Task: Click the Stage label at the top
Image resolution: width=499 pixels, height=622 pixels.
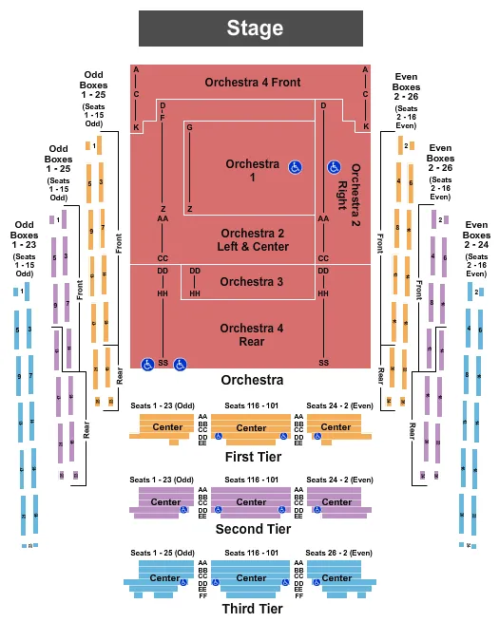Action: [x=254, y=28]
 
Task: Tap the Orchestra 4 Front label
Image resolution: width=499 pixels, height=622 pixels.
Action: [x=252, y=83]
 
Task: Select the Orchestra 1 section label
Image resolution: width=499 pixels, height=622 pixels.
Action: [x=253, y=171]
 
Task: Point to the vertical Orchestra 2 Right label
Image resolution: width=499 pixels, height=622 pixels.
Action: [x=356, y=186]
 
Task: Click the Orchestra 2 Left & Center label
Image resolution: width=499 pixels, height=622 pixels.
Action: [x=252, y=239]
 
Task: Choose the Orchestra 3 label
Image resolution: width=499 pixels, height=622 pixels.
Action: [x=252, y=281]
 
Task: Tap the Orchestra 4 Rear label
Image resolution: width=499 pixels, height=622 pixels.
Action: [x=252, y=335]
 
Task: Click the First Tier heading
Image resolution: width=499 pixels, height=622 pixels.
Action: [x=252, y=457]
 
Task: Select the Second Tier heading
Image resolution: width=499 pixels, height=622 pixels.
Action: [x=252, y=529]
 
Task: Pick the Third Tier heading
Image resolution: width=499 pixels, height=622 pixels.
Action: [x=252, y=608]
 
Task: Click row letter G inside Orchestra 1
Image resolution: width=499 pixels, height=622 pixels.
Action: [x=190, y=127]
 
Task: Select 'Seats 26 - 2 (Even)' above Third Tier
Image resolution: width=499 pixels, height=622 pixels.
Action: [x=341, y=554]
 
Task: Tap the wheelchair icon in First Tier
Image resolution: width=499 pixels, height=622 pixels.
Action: [x=218, y=438]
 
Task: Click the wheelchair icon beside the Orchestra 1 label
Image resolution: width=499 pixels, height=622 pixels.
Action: [x=296, y=167]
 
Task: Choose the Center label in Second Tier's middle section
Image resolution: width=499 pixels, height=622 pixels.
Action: [x=251, y=501]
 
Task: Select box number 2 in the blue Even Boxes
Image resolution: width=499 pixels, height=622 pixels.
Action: [x=478, y=292]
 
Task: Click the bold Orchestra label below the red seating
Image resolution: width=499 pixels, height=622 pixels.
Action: [x=252, y=380]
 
